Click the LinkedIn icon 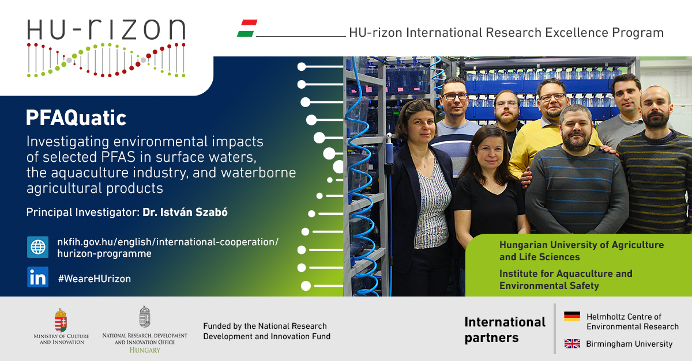pyautogui.click(x=37, y=277)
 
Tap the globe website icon pyautogui.click(x=37, y=247)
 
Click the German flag pyautogui.click(x=572, y=316)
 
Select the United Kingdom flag pyautogui.click(x=572, y=344)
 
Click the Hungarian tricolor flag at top pyautogui.click(x=247, y=28)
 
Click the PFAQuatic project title pyautogui.click(x=76, y=118)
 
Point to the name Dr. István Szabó pyautogui.click(x=185, y=212)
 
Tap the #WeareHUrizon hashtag pyautogui.click(x=95, y=279)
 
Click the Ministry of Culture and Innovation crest pyautogui.click(x=61, y=320)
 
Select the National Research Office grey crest pyautogui.click(x=145, y=317)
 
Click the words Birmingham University pyautogui.click(x=629, y=344)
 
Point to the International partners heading pyautogui.click(x=505, y=329)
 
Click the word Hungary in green pyautogui.click(x=145, y=350)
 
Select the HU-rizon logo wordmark pyautogui.click(x=106, y=29)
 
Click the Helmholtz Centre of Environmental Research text pyautogui.click(x=633, y=321)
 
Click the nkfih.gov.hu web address pyautogui.click(x=168, y=248)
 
